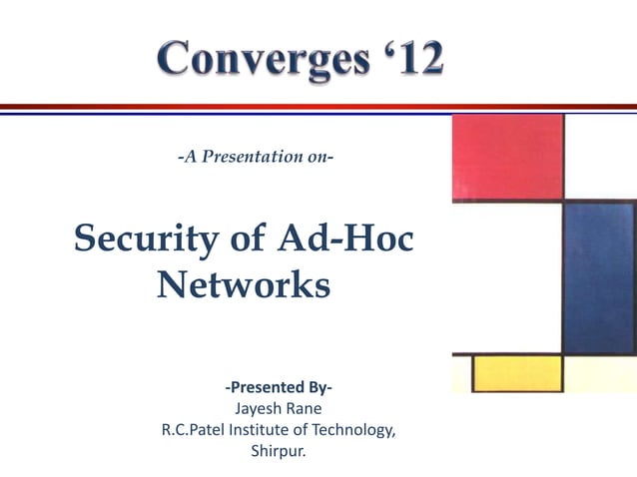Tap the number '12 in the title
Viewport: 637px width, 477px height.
click(x=403, y=60)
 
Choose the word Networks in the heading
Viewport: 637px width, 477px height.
click(x=244, y=285)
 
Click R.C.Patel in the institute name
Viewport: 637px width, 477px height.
click(x=196, y=430)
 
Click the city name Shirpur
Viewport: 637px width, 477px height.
click(x=280, y=452)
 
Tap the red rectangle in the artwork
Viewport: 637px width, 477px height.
click(x=507, y=157)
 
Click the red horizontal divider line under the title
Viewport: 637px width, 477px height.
click(x=318, y=107)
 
